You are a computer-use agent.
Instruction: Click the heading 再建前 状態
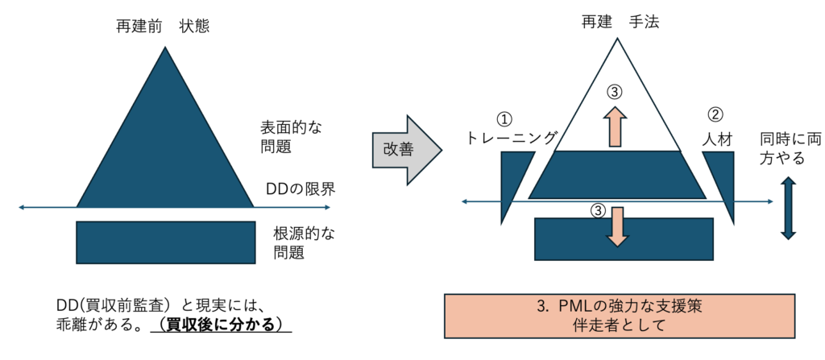pos(164,27)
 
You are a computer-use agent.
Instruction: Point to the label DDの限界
pos(300,189)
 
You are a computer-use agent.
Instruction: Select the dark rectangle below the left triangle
pos(165,242)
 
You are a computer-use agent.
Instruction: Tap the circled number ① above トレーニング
pos(504,118)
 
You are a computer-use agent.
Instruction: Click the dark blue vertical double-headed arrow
pos(788,209)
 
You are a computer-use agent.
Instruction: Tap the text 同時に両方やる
pos(788,148)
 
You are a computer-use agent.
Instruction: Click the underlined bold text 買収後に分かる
pos(224,325)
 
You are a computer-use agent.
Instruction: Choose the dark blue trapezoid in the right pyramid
pos(618,176)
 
